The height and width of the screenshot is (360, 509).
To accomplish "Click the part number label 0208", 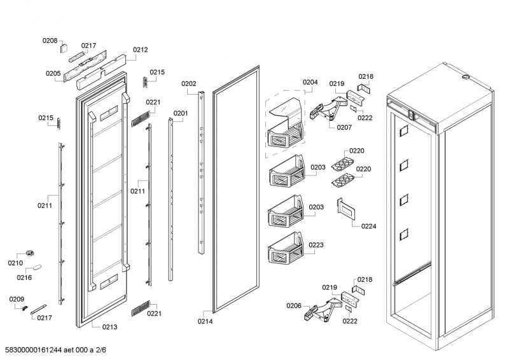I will (x=50, y=41).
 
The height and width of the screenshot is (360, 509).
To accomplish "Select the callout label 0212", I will (x=140, y=50).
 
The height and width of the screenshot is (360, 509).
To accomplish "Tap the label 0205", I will (x=53, y=73).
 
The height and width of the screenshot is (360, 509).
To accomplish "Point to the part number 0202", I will (x=188, y=83).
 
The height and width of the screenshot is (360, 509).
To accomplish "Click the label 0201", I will (x=181, y=114).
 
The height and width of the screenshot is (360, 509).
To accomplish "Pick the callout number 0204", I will (x=310, y=82).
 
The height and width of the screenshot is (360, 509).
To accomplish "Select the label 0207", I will (x=344, y=127).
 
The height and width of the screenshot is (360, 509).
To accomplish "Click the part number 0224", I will (x=368, y=226).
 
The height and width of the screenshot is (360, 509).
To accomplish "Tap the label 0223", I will (x=316, y=245).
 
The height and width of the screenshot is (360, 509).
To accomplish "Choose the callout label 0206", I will (x=294, y=306).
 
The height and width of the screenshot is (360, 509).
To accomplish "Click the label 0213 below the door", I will (x=109, y=327).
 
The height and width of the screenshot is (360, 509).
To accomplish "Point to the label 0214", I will (x=205, y=321).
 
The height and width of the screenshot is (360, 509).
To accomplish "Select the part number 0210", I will (x=15, y=263).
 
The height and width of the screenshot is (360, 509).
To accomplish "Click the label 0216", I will (x=24, y=278).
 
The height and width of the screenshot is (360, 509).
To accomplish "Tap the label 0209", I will (x=17, y=299).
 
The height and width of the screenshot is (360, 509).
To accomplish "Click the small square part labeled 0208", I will (x=64, y=46).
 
